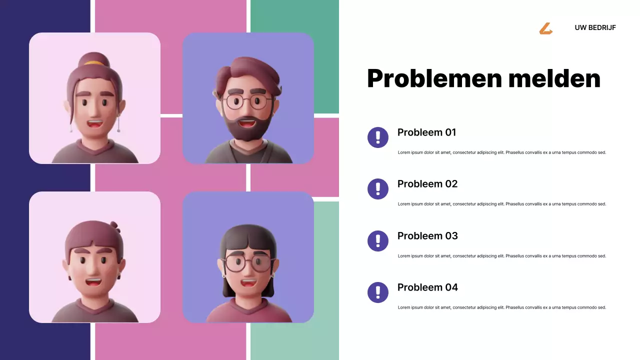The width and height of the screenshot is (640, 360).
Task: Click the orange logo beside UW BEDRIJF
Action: (545, 28)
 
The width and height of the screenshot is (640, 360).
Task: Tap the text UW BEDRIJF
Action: (595, 27)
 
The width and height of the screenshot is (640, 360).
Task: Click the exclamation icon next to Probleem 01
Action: (378, 137)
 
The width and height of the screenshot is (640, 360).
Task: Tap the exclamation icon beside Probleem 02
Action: (378, 188)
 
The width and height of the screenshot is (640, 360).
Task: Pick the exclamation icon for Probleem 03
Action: (378, 240)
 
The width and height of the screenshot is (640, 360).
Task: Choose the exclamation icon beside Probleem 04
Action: (378, 292)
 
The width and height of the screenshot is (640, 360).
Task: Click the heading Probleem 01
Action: (426, 132)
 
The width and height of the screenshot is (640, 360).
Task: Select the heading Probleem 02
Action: (427, 184)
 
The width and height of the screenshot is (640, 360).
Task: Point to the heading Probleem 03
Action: (427, 236)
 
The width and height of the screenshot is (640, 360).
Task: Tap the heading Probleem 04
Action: (427, 287)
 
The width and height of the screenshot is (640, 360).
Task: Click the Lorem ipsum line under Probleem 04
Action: (501, 307)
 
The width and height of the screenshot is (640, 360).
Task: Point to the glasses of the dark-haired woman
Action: (247, 263)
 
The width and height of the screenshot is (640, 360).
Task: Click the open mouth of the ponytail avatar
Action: (94, 123)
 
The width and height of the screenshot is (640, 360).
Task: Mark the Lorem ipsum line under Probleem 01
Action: (501, 152)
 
